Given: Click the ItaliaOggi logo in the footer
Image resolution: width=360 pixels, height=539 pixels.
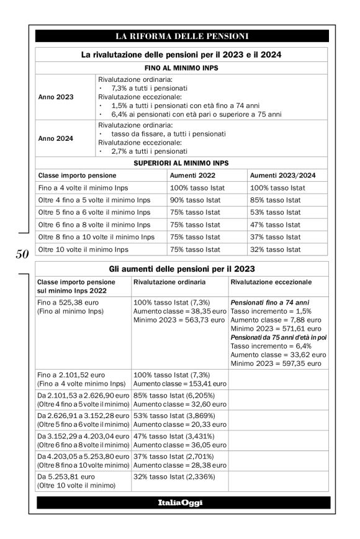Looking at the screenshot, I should [x=182, y=502].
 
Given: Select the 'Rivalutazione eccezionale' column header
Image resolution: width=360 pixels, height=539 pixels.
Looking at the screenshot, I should [x=271, y=282].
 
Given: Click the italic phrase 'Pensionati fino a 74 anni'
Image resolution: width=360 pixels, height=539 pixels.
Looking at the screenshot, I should [x=269, y=302].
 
